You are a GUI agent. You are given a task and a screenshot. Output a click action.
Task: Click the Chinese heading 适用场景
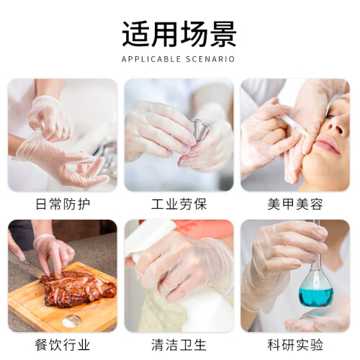(179, 34)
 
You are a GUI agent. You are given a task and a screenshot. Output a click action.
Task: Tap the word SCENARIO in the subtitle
(210, 59)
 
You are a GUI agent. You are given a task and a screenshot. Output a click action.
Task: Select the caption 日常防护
(63, 204)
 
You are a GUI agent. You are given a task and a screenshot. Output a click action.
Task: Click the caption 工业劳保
(179, 204)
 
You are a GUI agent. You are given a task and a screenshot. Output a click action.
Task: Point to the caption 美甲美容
(295, 204)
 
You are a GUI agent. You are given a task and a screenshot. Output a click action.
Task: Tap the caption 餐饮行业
(63, 345)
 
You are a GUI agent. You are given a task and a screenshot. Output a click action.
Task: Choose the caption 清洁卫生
(179, 345)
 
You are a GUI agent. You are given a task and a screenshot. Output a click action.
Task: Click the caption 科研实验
(295, 345)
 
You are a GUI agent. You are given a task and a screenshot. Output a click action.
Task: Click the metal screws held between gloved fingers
(201, 130)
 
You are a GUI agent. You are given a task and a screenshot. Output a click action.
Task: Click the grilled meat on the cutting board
(78, 289)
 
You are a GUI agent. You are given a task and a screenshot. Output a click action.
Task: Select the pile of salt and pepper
(72, 320)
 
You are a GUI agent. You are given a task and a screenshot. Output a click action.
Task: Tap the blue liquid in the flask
(315, 297)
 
